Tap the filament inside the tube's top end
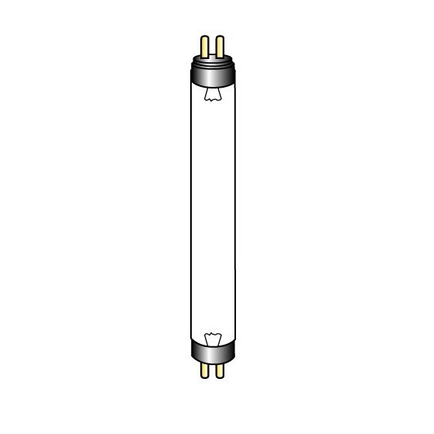tap(212, 94)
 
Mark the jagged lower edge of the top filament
tap(212, 100)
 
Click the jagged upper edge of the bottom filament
tap(212, 332)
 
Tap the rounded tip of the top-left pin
tap(205, 36)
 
